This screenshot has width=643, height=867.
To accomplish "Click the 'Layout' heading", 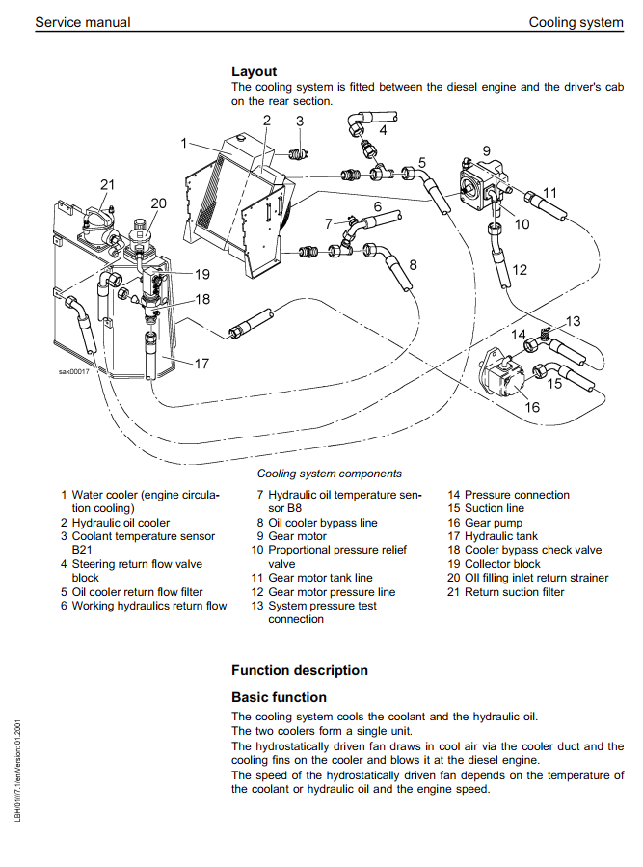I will tap(254, 71).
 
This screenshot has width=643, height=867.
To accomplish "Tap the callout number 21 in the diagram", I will tap(107, 184).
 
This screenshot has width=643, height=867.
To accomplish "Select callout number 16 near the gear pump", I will tap(532, 407).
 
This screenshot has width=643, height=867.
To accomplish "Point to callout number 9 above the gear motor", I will tap(487, 150).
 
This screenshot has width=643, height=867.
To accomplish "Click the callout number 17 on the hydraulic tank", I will tap(201, 364).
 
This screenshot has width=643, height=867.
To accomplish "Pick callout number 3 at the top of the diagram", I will tap(300, 122).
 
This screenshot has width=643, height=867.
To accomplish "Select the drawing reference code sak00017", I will tap(73, 371).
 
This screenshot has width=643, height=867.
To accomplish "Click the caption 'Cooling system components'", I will tap(329, 474).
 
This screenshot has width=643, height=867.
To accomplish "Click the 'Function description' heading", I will tap(299, 670).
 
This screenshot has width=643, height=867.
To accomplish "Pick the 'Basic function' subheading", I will tap(279, 697).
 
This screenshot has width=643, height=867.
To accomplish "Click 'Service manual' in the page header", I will tap(82, 22).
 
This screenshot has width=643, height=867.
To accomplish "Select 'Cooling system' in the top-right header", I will tap(576, 22).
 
